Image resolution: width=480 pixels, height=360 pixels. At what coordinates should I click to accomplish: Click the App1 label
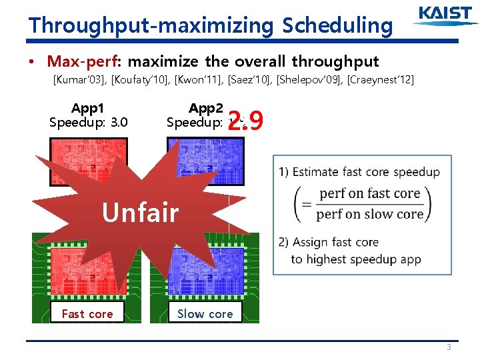click(88, 108)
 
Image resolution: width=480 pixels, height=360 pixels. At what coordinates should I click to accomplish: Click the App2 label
click(205, 108)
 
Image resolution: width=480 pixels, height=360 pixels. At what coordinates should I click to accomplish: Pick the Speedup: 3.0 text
click(88, 123)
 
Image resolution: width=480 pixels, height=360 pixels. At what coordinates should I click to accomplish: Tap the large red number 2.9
click(246, 121)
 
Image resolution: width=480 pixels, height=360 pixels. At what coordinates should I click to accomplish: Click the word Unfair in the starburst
click(140, 213)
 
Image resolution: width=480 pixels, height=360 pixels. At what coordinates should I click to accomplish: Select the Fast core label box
click(87, 313)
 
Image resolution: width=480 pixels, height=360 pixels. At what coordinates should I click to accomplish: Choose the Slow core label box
click(205, 313)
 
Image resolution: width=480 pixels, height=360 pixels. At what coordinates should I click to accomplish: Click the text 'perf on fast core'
click(369, 194)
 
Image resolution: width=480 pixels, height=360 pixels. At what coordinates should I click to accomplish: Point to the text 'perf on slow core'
click(369, 214)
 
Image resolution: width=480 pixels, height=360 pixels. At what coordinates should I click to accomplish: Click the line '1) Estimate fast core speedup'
click(359, 172)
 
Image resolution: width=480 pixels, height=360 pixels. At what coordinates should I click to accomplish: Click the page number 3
click(449, 347)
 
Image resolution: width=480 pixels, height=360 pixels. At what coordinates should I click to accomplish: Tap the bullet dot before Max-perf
click(32, 63)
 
